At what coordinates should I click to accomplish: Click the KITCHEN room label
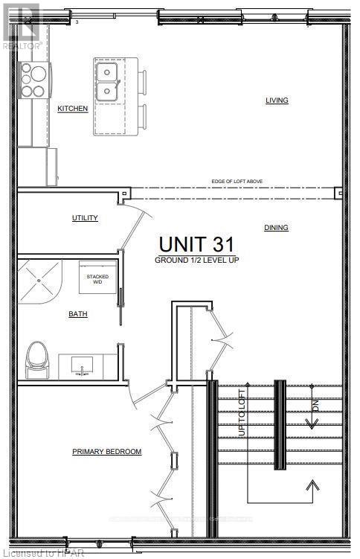click(73, 109)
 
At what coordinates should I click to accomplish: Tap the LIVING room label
click(277, 100)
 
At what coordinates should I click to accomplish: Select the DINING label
click(276, 228)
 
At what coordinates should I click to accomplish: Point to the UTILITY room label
click(85, 218)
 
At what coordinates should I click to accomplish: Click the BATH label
click(78, 314)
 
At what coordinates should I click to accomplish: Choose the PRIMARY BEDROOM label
click(107, 452)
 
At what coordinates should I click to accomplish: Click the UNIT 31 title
click(196, 243)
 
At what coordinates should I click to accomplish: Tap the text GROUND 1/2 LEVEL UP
click(196, 261)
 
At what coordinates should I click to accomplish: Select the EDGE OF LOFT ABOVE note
click(237, 182)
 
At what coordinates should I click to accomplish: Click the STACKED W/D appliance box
click(100, 279)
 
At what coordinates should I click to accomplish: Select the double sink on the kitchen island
click(108, 83)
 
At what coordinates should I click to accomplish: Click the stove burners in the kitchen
click(33, 81)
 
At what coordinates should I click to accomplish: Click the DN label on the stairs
click(315, 406)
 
